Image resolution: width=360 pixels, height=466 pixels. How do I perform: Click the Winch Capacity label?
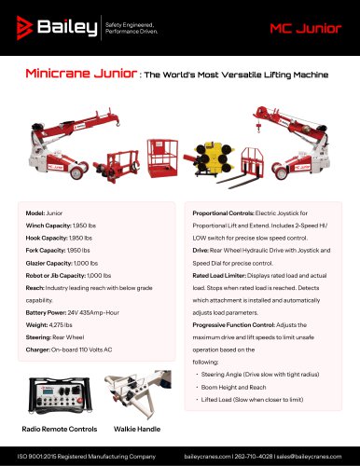[x=45, y=226]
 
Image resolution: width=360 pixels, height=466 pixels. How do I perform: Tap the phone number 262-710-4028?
[x=261, y=457]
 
